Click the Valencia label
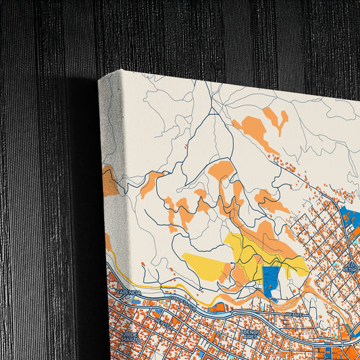(x=128, y=292)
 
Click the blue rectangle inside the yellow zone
(x=271, y=280)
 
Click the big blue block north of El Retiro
(x=349, y=219)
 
